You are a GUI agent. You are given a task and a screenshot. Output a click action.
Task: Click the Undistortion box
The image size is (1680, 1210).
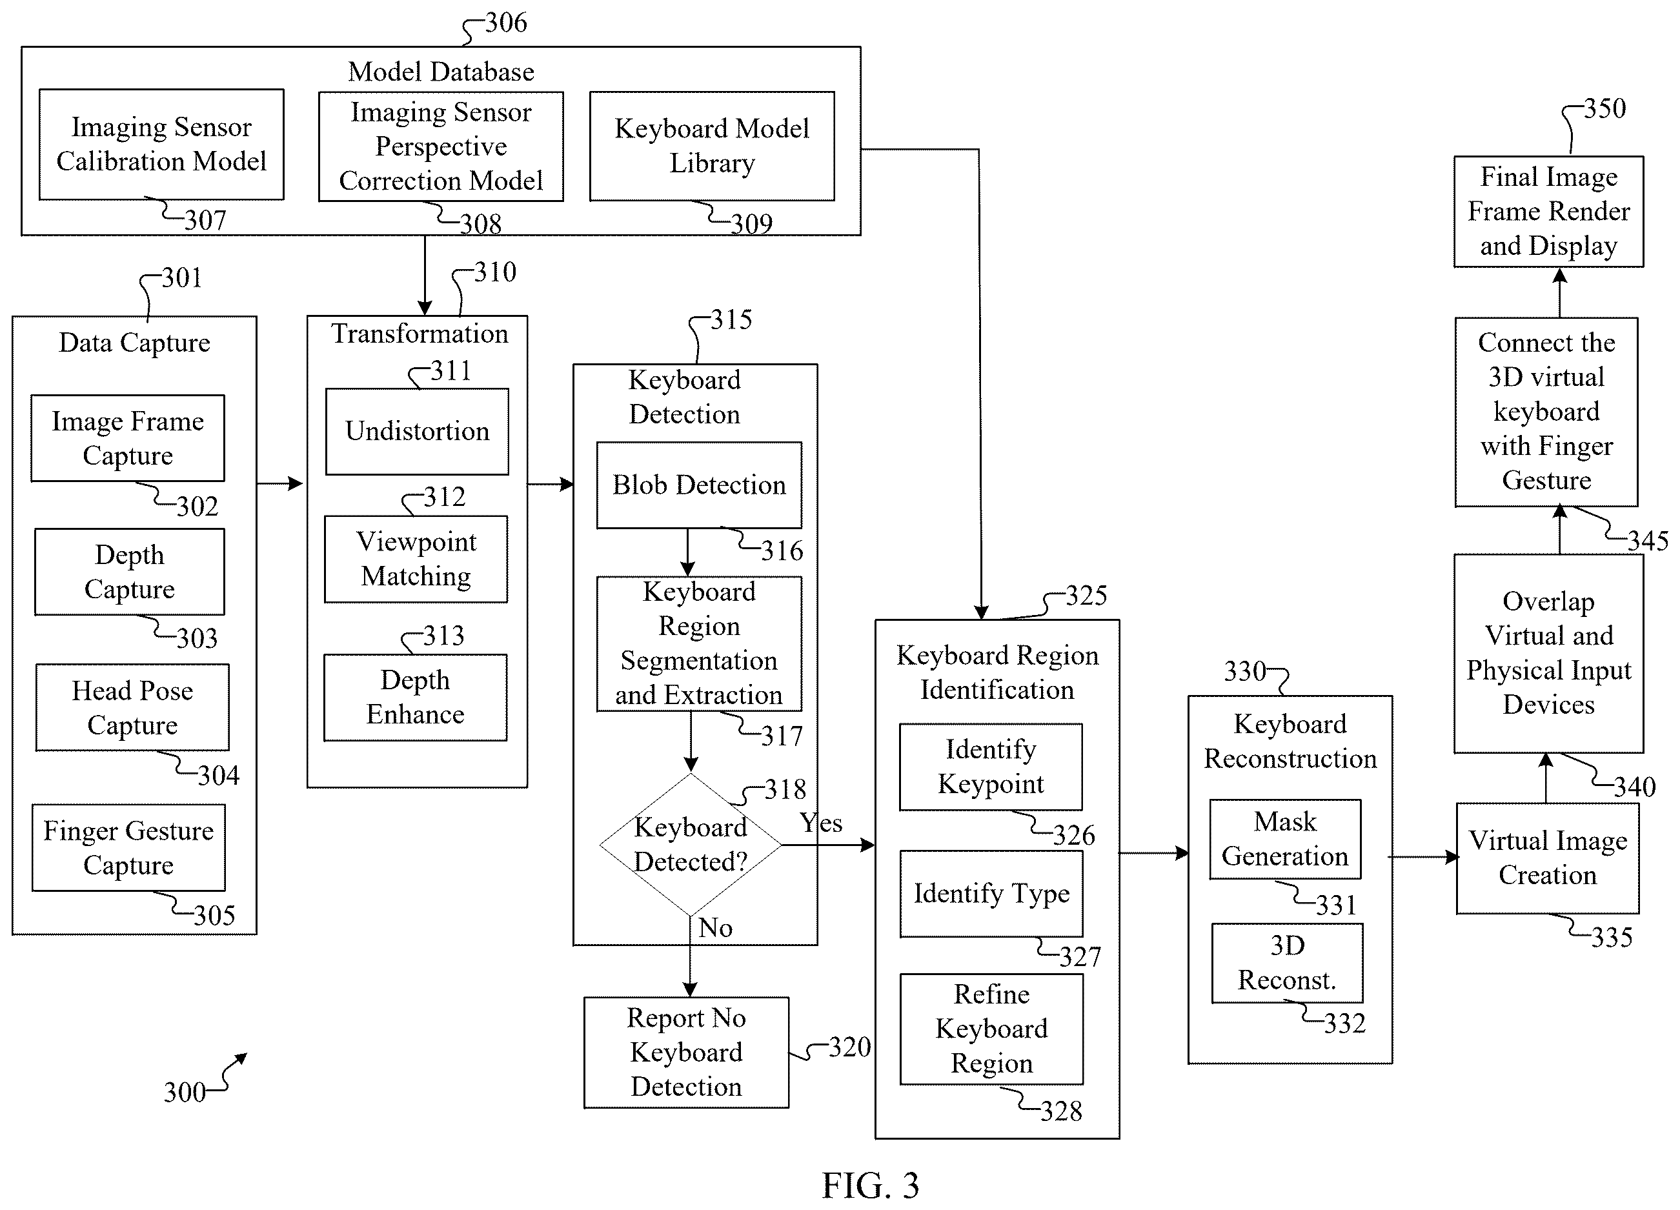click(417, 431)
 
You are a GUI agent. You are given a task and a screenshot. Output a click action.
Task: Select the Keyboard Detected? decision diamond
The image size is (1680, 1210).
click(691, 845)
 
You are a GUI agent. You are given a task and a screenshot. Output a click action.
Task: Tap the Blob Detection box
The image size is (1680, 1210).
click(698, 485)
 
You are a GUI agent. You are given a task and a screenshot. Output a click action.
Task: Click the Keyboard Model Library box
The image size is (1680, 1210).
click(712, 146)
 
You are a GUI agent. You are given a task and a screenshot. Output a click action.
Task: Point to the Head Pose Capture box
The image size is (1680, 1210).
click(132, 707)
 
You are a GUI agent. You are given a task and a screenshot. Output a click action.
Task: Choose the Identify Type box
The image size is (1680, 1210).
click(991, 894)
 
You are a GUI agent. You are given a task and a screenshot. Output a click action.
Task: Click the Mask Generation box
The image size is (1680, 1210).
click(1285, 839)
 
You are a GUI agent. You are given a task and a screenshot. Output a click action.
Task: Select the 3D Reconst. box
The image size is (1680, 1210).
click(1288, 963)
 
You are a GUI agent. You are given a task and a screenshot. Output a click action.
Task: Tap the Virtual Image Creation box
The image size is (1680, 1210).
click(1548, 858)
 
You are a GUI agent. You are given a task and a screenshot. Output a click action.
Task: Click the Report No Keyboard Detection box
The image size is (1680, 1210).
click(686, 1053)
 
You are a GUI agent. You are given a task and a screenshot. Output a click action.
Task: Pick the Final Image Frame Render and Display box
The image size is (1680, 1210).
click(1549, 211)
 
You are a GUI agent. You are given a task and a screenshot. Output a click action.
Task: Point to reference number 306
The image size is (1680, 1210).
click(506, 23)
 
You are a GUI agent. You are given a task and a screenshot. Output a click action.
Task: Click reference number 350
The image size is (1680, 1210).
click(1604, 109)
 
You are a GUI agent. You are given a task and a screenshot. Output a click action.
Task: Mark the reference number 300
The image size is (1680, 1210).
click(185, 1093)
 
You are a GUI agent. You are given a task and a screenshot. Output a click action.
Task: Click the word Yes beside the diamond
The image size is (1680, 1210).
click(821, 823)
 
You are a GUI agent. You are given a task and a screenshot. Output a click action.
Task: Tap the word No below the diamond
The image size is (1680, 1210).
click(715, 928)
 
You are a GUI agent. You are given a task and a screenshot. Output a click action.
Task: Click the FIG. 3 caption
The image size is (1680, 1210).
click(871, 1185)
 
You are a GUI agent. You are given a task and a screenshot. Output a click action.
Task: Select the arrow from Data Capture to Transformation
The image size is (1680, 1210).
click(280, 483)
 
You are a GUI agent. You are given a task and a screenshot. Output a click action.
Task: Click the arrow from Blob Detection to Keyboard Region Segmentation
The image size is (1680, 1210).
click(687, 552)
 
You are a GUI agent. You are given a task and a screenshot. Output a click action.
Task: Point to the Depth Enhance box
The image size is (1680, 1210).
click(416, 698)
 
